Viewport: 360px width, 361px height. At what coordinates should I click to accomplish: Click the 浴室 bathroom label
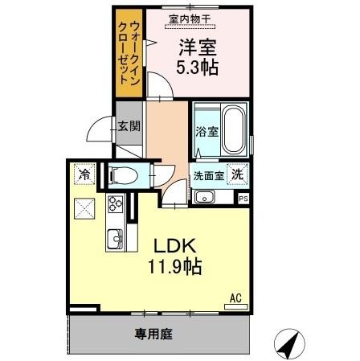pos(205,132)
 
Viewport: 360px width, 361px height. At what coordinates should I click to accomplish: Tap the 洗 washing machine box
pos(238,174)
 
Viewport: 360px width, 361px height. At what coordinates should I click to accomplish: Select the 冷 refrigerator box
pos(84,174)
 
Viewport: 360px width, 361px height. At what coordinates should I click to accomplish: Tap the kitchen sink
pos(114,238)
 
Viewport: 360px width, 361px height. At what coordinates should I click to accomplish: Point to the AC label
pos(236,297)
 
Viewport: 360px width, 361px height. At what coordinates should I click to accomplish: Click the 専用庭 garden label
pos(153,332)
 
